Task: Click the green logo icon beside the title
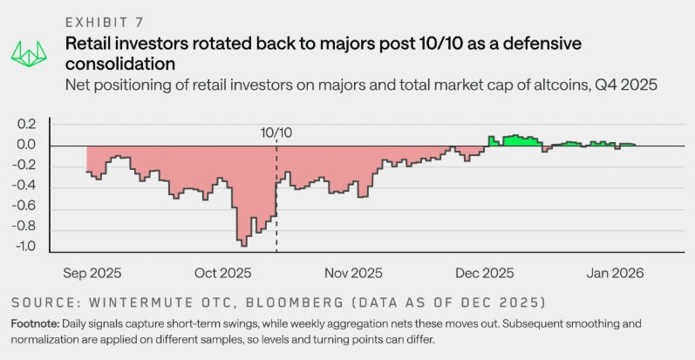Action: (28, 52)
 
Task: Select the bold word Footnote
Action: (37, 323)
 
